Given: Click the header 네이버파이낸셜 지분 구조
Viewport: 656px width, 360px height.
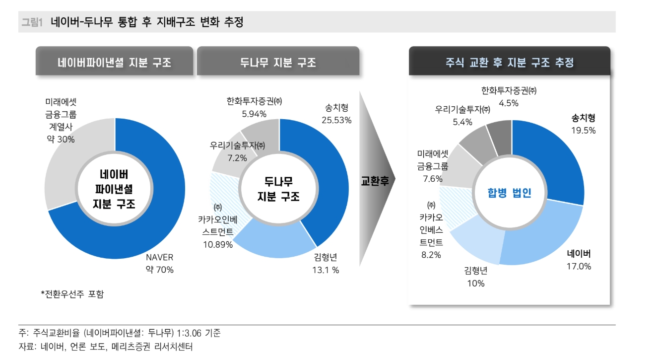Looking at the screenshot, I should tap(114, 63).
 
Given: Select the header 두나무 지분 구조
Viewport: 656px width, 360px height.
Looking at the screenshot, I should tap(278, 63).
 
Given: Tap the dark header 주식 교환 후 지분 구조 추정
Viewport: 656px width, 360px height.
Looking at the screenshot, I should tap(509, 63).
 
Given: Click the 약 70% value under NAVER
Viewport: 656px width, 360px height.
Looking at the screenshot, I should tap(159, 270).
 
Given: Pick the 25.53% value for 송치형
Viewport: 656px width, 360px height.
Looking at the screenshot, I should tap(336, 120).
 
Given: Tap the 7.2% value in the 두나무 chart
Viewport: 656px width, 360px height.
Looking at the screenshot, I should tap(237, 158).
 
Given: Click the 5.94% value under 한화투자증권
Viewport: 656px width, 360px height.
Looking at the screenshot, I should tap(251, 113).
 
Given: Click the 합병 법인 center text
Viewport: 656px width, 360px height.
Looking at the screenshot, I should tap(509, 193).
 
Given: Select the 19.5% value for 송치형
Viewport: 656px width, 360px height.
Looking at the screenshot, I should tap(583, 130).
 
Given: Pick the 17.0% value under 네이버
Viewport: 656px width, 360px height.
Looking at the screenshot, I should tap(579, 266).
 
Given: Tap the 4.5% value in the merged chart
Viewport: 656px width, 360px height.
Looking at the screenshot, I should tap(509, 103).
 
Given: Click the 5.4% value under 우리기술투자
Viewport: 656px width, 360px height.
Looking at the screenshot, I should tap(462, 121).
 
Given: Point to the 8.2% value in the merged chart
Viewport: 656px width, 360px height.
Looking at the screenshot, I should tap(431, 254).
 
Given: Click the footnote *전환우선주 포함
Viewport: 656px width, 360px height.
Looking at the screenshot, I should tap(72, 294).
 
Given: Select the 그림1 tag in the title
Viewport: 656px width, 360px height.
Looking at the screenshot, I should tap(32, 22).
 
